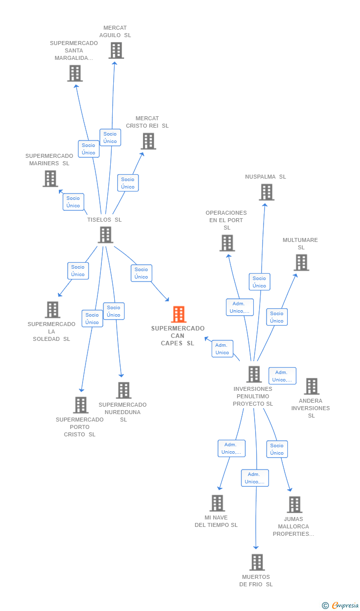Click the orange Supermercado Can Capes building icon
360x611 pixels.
click(179, 314)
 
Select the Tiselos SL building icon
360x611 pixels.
click(105, 235)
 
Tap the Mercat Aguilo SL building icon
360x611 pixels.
click(116, 50)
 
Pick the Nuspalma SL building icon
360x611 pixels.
click(267, 192)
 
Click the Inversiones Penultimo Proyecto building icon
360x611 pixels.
click(254, 374)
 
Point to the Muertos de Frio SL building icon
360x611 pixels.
click(257, 562)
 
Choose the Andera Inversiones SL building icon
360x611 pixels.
click(312, 386)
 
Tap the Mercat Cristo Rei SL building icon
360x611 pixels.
click(149, 141)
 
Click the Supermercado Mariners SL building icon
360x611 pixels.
click(50, 179)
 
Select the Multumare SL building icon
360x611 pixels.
click(302, 262)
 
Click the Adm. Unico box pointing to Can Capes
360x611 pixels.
click(223, 349)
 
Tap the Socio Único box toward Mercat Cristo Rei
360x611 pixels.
click(128, 183)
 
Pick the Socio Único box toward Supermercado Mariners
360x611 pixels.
click(73, 202)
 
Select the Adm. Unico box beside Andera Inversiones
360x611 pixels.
click(282, 376)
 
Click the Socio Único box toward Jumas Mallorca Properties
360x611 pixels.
click(277, 449)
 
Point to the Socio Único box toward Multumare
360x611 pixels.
click(277, 317)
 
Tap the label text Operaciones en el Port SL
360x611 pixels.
click(226, 220)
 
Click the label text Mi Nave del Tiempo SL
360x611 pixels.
click(216, 521)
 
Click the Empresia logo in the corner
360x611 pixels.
click(341, 605)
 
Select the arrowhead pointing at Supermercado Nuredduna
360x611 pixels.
click(121, 376)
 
